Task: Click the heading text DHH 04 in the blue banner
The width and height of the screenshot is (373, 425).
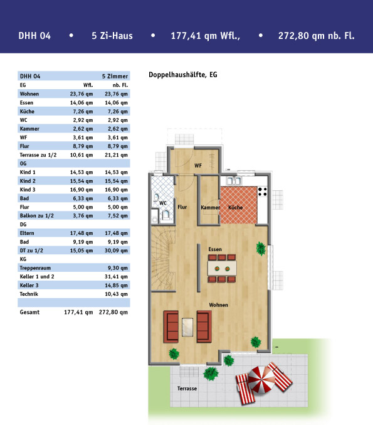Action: point(34,36)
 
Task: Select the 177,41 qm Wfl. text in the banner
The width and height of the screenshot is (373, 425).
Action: point(205,36)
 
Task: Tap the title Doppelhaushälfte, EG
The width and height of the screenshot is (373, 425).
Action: point(183,75)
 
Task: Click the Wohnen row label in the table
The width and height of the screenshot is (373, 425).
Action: point(29,94)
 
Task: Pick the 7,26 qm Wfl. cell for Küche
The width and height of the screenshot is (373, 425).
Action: point(83,111)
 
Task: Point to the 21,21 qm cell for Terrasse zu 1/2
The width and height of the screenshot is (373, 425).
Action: point(116,155)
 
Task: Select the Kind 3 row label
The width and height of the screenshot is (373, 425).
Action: point(28,190)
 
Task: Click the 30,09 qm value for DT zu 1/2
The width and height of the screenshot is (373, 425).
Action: point(116,250)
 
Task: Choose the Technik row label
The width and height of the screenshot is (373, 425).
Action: point(29,294)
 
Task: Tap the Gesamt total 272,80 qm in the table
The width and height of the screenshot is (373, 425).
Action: point(113,312)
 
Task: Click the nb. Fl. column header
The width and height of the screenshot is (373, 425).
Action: point(120,85)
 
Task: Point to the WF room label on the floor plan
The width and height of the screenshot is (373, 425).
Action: point(198,166)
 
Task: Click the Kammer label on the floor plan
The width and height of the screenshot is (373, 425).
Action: point(210,207)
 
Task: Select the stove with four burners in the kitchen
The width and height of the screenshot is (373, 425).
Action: point(262,191)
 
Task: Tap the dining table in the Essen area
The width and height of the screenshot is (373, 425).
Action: point(222,269)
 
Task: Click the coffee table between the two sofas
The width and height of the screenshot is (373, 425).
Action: point(187,327)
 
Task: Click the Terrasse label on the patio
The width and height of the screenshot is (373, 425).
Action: point(187,389)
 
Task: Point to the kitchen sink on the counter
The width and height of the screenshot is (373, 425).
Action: point(233,181)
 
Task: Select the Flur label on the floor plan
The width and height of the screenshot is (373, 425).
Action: point(182,207)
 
